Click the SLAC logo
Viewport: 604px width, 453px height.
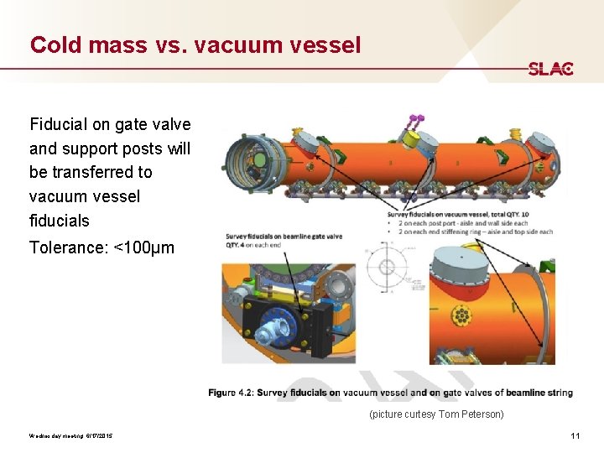[x=550, y=69]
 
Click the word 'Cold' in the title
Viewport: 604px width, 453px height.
[x=55, y=44]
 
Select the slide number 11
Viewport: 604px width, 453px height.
[x=575, y=435]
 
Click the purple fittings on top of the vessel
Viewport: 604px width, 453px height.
[x=414, y=121]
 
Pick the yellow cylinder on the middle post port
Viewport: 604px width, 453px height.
[x=411, y=138]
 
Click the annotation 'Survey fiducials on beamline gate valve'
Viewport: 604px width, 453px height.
[x=284, y=236]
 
